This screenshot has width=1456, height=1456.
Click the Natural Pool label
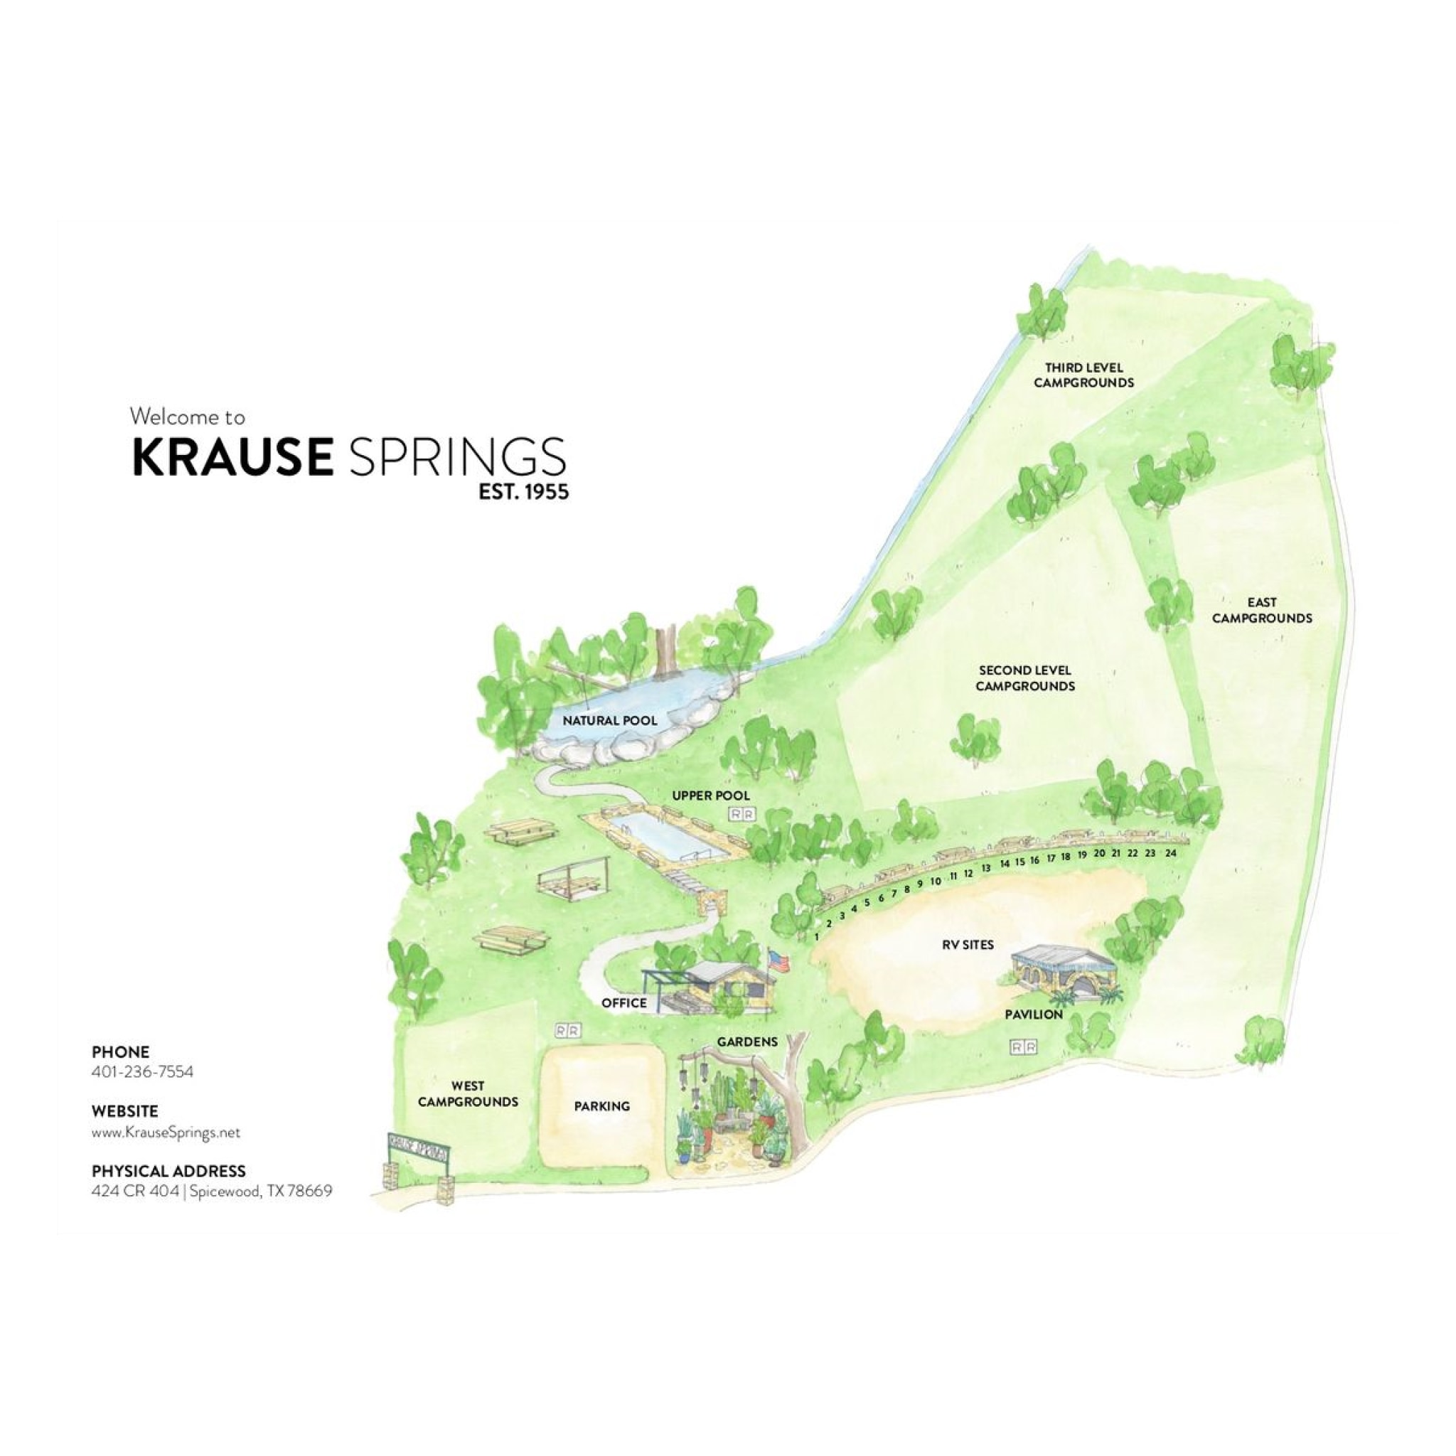[x=610, y=720]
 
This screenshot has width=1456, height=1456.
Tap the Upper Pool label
[x=711, y=795]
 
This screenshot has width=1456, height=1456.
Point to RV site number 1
[x=817, y=937]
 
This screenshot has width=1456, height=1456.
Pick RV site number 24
[x=1170, y=853]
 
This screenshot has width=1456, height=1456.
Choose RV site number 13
[x=986, y=868]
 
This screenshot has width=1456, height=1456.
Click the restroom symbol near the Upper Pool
[x=742, y=814]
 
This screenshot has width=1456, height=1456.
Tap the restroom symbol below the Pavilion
[x=1024, y=1046]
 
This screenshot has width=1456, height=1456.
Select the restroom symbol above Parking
[x=567, y=1030]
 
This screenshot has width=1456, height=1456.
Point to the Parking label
[x=601, y=1106]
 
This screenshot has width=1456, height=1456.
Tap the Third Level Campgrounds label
[x=1083, y=375]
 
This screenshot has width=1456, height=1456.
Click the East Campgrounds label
[x=1262, y=610]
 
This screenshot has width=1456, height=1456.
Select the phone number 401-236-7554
[x=142, y=1071]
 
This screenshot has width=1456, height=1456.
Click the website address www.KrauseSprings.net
[x=166, y=1132]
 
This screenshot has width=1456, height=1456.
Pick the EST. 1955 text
[x=524, y=492]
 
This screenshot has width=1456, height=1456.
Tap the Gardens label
[x=747, y=1042]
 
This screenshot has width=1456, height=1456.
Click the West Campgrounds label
[x=468, y=1093]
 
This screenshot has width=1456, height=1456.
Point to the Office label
[x=624, y=1002]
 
